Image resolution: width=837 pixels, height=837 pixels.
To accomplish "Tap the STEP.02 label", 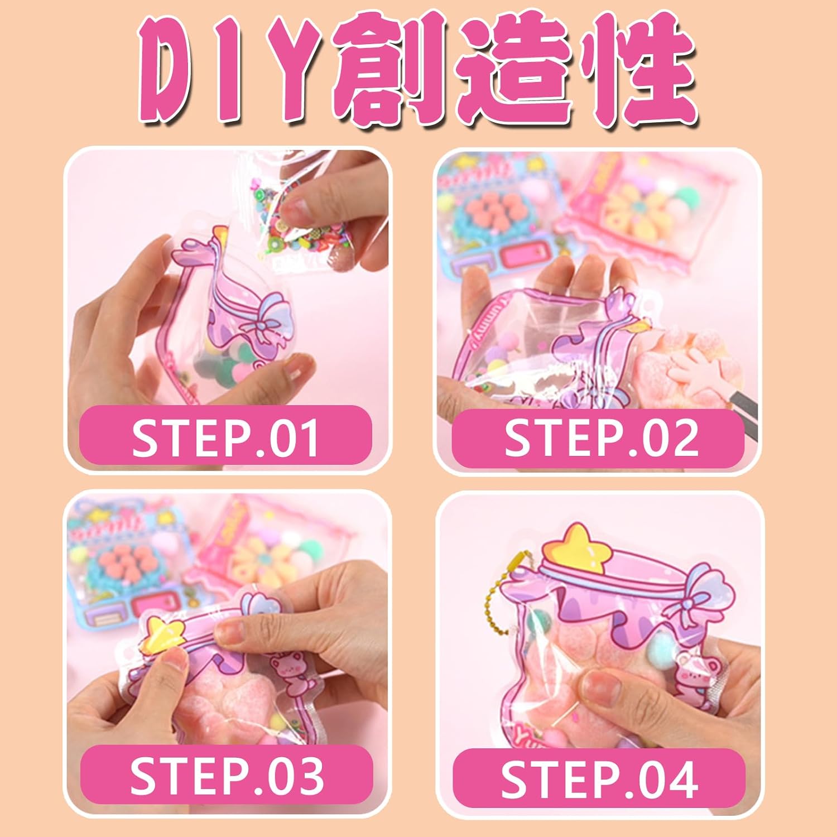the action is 602,437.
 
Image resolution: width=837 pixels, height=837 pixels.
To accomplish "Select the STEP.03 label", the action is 227,776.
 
